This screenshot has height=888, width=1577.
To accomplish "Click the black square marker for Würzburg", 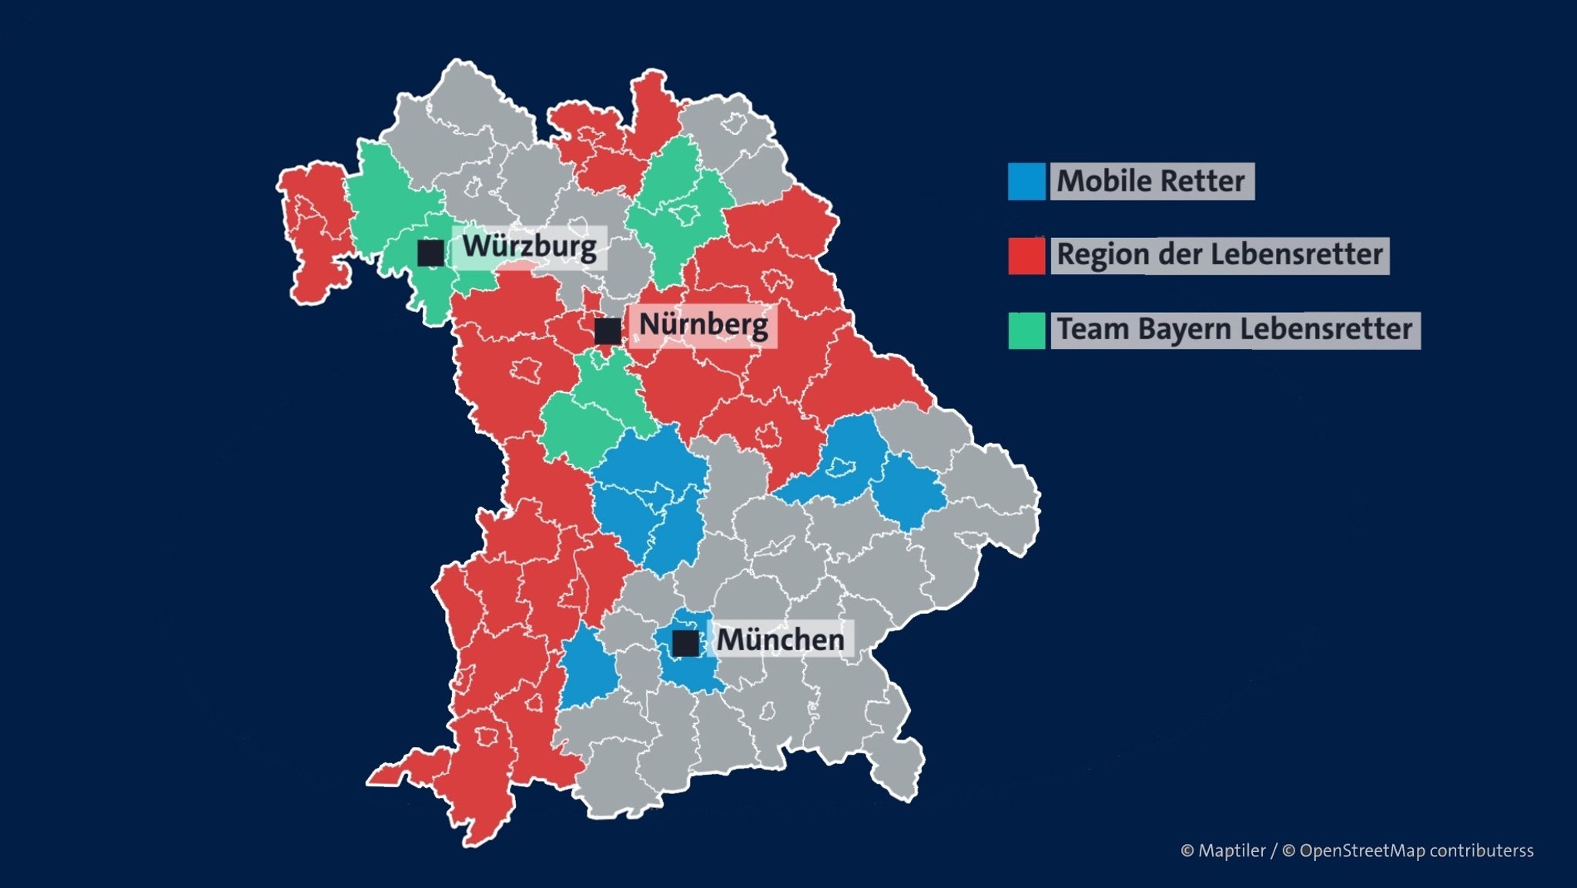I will point(430,253).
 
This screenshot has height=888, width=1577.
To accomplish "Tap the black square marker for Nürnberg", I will point(608,331).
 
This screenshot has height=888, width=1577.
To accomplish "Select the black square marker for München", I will point(685,643).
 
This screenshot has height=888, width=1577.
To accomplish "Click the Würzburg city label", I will point(529,247).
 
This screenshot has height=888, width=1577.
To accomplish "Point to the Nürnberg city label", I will point(703,325).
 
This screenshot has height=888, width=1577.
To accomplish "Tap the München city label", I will point(780,640).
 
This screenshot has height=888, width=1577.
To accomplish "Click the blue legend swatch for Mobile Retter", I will point(1026,182).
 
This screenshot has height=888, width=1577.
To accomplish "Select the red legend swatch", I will point(1026,256).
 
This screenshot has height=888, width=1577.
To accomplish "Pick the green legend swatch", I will point(1026,330).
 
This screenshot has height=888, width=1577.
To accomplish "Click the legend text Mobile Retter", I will point(1150,182).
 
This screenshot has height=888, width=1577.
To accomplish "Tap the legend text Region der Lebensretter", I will point(1219,255).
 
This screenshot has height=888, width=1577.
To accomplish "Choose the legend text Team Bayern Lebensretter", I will point(1234,330).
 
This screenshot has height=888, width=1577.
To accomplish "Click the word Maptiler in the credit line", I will point(1232,851).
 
